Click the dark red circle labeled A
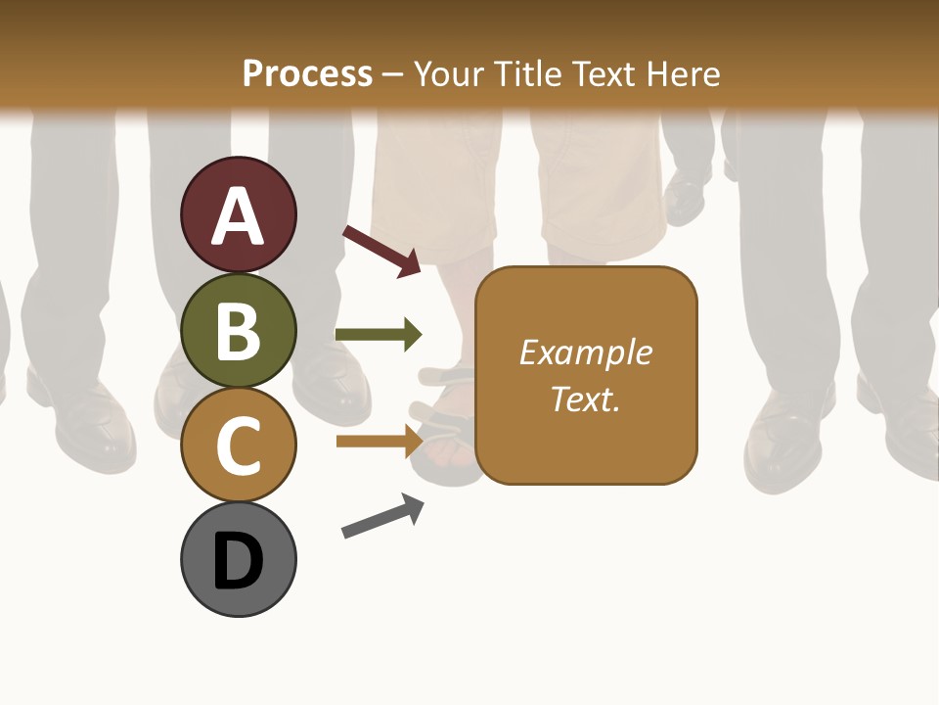coord(239,214)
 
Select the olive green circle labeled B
coord(239,330)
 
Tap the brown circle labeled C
coord(239,445)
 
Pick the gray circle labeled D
coord(239,559)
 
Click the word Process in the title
coord(307,73)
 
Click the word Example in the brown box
coord(586,352)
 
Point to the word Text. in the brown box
coord(586,399)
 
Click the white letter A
coord(239,216)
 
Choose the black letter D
coord(239,561)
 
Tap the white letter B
coord(239,331)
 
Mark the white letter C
coord(239,446)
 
